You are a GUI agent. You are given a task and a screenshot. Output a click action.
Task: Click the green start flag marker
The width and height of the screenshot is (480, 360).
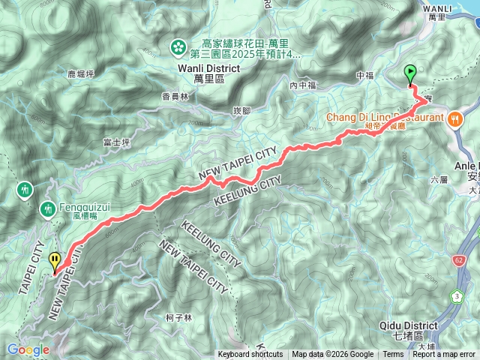coord(410,73)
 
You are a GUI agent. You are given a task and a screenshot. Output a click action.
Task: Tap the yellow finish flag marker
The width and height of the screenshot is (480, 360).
coord(55,261)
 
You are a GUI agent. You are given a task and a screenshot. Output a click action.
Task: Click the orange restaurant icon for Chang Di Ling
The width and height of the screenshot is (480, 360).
coord(455,118)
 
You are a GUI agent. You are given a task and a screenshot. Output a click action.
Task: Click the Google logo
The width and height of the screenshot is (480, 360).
coord(28,349)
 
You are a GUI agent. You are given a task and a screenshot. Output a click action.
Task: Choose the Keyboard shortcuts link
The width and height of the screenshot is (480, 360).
coord(250,355)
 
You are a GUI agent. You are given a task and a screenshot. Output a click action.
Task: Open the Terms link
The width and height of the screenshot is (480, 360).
coord(393,355)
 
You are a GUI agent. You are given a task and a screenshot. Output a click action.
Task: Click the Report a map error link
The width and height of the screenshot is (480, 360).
coord(444,355)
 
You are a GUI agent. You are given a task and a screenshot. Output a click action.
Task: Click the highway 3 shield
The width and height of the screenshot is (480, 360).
coord(457,297)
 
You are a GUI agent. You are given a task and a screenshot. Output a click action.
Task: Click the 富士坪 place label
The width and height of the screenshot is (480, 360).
coord(116,141)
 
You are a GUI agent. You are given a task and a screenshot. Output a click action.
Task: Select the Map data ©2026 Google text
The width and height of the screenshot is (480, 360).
coord(332,355)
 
